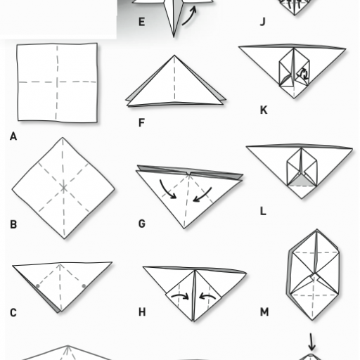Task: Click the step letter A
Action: (13, 136)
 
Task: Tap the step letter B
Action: (13, 224)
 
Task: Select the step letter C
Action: (13, 313)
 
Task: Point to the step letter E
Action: (141, 22)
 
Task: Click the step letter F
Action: (141, 122)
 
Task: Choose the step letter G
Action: (142, 224)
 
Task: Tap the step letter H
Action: (142, 312)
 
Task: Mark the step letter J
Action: (263, 22)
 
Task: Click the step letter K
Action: (264, 110)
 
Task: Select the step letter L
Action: (263, 211)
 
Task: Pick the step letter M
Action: (264, 312)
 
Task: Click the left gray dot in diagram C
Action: (38, 286)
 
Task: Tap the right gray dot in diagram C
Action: (84, 285)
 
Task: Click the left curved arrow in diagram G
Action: (167, 191)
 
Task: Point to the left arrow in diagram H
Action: (181, 296)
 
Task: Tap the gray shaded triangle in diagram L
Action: (301, 181)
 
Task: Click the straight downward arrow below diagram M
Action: (311, 342)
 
